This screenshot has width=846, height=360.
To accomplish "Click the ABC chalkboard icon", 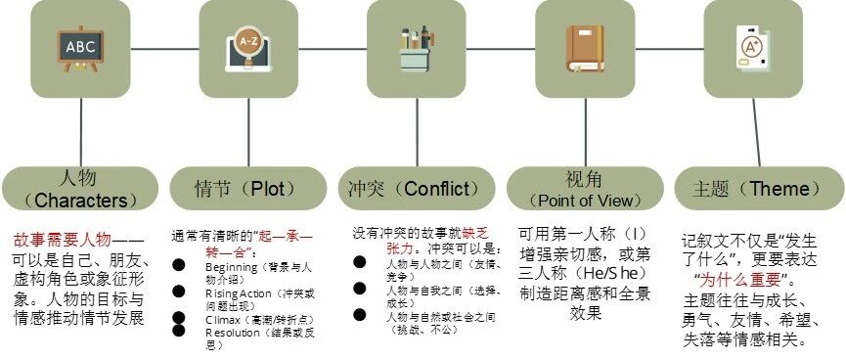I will tap(80, 47).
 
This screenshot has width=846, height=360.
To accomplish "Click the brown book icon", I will tap(584, 47).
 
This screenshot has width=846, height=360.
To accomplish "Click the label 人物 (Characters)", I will tap(80, 189).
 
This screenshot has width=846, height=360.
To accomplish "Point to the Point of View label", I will tap(583, 189).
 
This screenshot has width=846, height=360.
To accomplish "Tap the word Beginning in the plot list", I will tap(231, 266).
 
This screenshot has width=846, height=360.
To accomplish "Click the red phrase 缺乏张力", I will tap(470, 234).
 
